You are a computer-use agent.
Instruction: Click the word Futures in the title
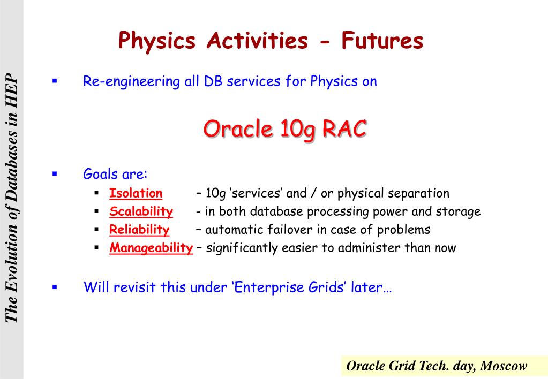click(x=382, y=40)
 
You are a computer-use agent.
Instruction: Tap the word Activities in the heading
click(x=257, y=40)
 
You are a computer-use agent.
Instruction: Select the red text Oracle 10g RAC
click(x=285, y=129)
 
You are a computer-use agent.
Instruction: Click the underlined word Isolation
click(x=136, y=193)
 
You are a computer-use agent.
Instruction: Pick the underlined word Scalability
click(x=141, y=211)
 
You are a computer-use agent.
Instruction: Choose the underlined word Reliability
click(x=139, y=230)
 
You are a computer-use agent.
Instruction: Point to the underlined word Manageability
click(x=151, y=248)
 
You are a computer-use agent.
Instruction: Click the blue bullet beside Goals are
click(x=55, y=173)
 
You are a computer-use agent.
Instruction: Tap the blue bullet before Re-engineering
click(x=55, y=81)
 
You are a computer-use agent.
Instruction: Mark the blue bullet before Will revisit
click(x=55, y=287)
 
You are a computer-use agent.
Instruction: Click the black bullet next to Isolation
click(x=97, y=193)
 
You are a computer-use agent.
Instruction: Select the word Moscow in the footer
click(x=503, y=366)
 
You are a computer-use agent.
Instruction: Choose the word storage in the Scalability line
click(x=458, y=211)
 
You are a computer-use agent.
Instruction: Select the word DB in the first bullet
click(x=213, y=81)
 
